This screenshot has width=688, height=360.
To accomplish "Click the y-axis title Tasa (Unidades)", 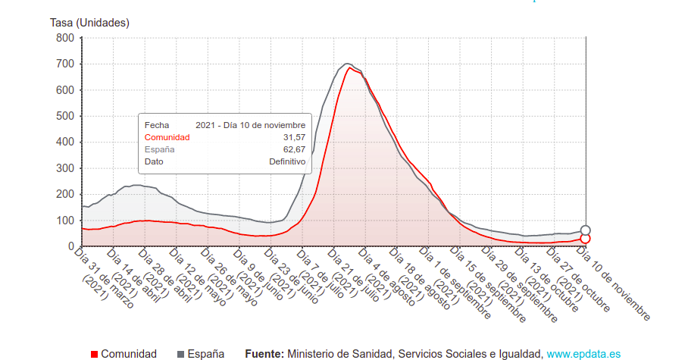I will [89, 23].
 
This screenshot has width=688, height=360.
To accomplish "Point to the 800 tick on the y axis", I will [65, 38].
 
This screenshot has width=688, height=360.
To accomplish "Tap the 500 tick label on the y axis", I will [65, 116].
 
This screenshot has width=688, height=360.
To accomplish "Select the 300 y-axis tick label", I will [65, 168].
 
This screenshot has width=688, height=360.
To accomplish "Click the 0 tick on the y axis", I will [70, 246].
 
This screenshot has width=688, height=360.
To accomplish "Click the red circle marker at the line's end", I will [585, 239].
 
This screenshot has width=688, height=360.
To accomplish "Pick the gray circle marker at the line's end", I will [585, 230].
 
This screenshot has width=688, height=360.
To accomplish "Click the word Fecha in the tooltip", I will [157, 125].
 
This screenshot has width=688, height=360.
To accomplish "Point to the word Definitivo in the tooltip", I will [287, 161].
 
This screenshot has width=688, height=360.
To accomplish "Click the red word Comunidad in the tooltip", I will [167, 137].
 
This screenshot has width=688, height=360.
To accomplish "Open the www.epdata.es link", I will [583, 354].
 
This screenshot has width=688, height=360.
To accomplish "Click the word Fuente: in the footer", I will [264, 354].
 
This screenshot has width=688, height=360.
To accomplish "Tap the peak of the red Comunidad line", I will [350, 68].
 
